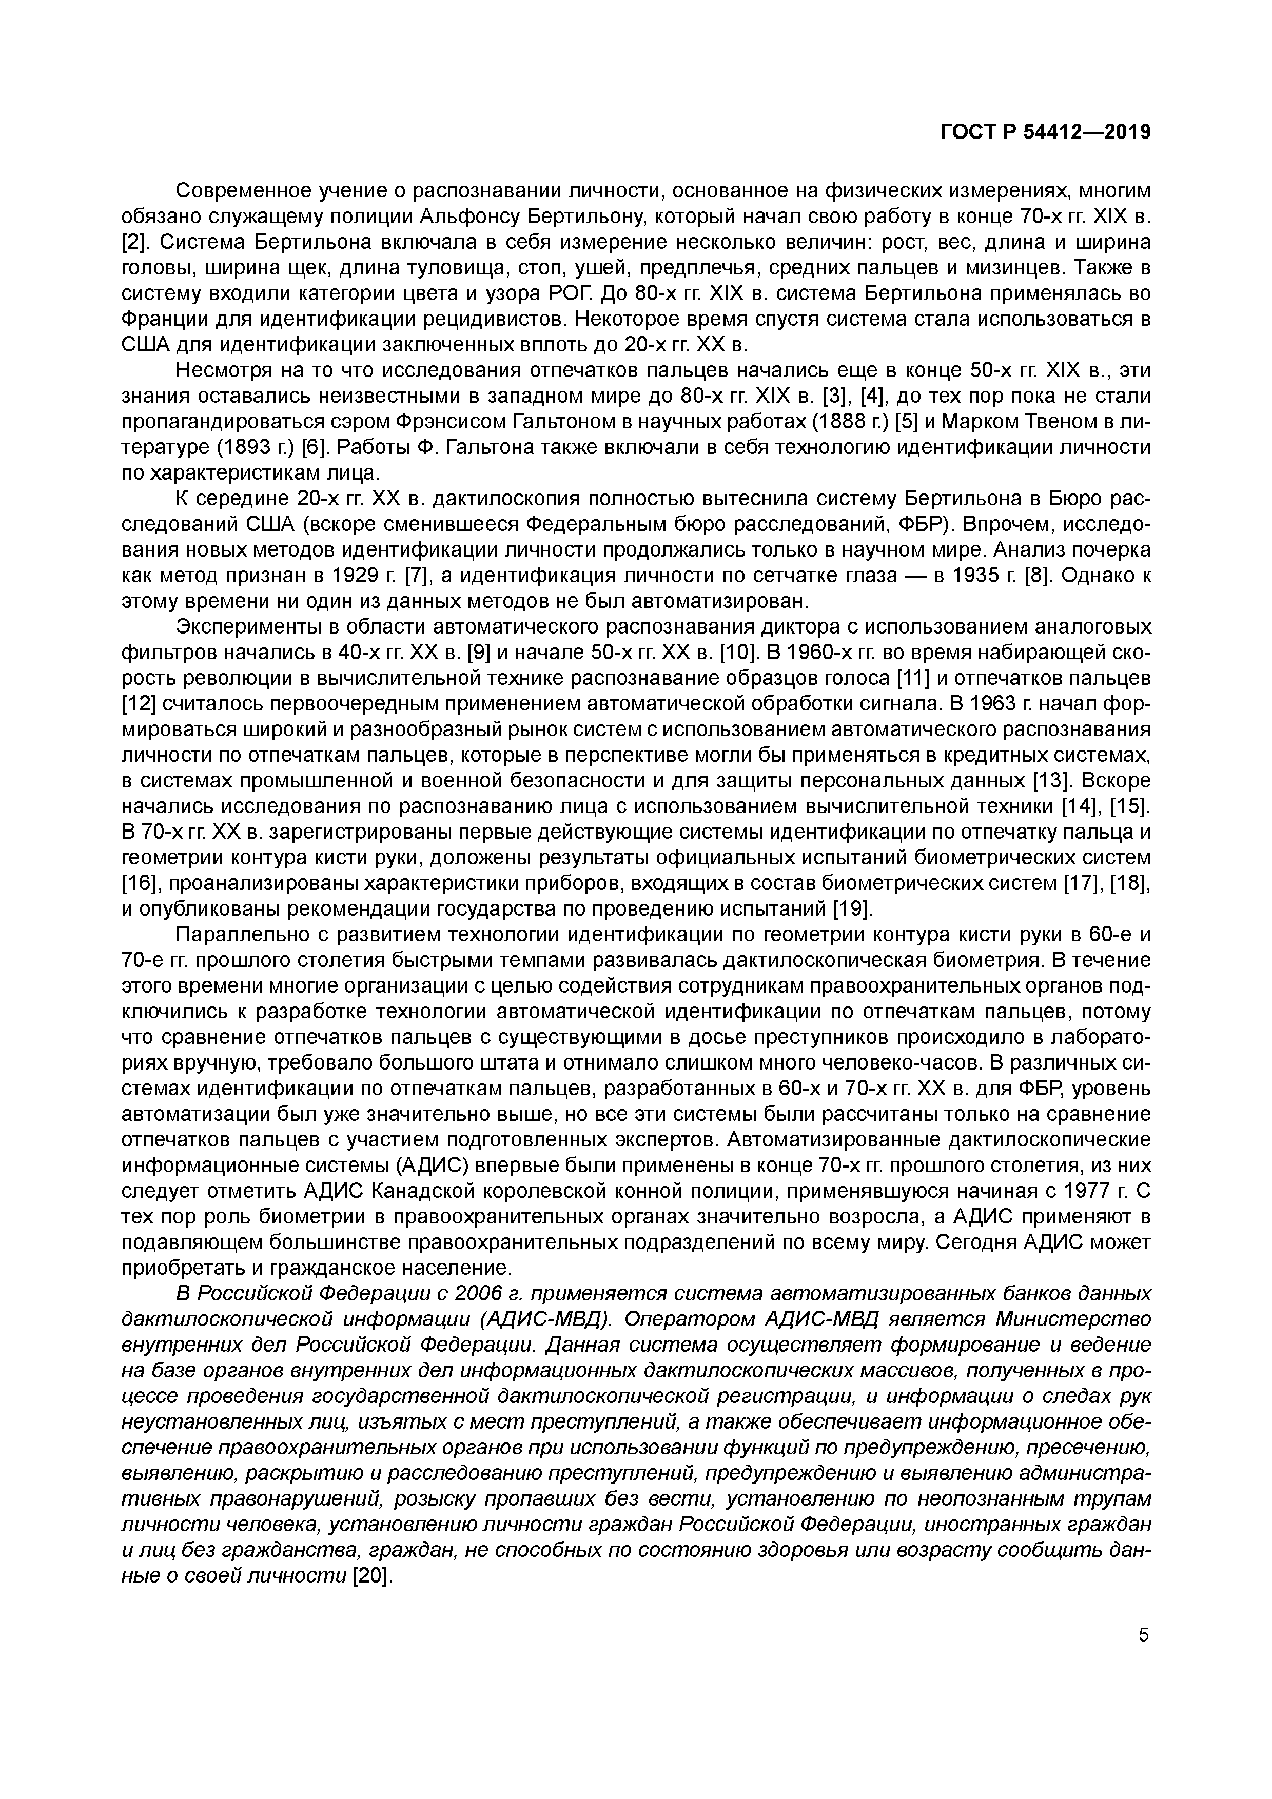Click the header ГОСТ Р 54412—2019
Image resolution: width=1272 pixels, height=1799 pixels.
click(x=1045, y=132)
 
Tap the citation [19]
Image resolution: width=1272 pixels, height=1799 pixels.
click(x=851, y=910)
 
